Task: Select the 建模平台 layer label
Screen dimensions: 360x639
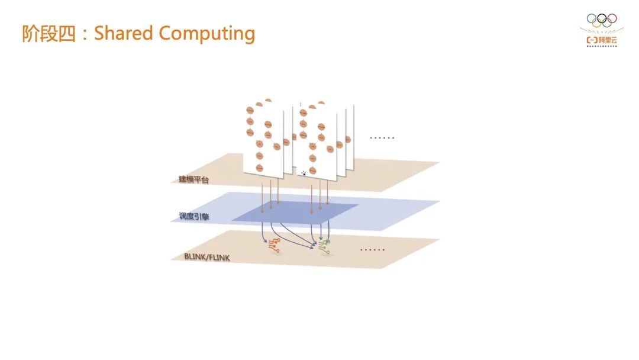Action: coord(193,179)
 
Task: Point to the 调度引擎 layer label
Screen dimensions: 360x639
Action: coord(193,217)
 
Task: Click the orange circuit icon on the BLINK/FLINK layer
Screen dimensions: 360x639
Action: coord(274,245)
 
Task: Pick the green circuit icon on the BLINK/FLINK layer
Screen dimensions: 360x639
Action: coord(325,245)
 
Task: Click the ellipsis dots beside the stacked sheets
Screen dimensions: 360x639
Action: coord(382,138)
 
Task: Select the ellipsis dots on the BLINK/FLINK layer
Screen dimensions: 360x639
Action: coord(373,250)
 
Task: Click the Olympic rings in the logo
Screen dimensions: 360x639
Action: coord(602,21)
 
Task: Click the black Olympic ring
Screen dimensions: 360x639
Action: coord(602,18)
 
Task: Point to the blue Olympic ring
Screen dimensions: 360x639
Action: coord(592,18)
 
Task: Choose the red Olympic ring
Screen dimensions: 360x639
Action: coord(611,18)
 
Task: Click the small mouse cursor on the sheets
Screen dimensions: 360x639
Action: coord(304,173)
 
